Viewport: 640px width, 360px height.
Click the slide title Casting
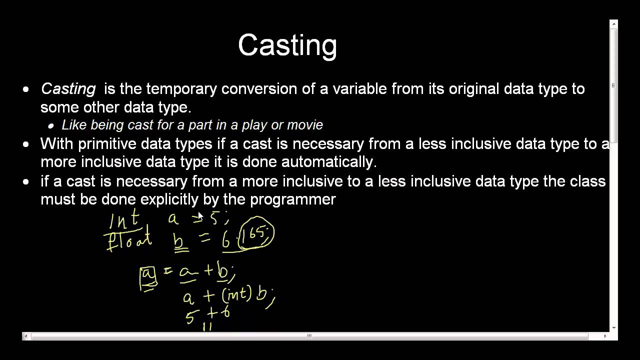click(x=287, y=45)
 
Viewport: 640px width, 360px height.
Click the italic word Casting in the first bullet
click(x=68, y=89)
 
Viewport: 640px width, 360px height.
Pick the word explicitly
click(x=169, y=199)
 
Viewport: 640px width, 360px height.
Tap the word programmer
click(x=292, y=199)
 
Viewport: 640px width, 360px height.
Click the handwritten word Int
click(x=123, y=220)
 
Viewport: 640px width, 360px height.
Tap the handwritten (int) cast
click(x=236, y=295)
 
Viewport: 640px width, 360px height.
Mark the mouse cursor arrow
click(x=199, y=215)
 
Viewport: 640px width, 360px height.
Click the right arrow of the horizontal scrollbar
click(x=605, y=336)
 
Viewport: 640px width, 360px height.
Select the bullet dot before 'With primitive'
click(x=26, y=144)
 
